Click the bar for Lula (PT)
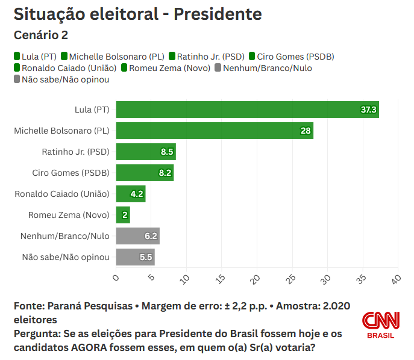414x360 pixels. [x=247, y=110]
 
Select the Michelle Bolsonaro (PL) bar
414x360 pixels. [x=215, y=131]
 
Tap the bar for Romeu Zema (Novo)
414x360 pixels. [x=123, y=215]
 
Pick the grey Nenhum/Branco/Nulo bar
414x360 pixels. [x=137, y=236]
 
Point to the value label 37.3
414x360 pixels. [x=368, y=110]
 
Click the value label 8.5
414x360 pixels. [x=167, y=152]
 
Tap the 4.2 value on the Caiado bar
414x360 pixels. [x=137, y=194]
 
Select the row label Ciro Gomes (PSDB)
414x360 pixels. [x=71, y=173]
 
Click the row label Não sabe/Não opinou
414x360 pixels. [x=66, y=257]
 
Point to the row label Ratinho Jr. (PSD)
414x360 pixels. [x=75, y=152]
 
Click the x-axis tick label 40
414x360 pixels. [x=395, y=279]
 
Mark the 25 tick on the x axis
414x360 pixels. [x=290, y=279]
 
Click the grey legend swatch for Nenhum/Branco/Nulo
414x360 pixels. [x=218, y=68]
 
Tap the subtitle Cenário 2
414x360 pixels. [x=41, y=36]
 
